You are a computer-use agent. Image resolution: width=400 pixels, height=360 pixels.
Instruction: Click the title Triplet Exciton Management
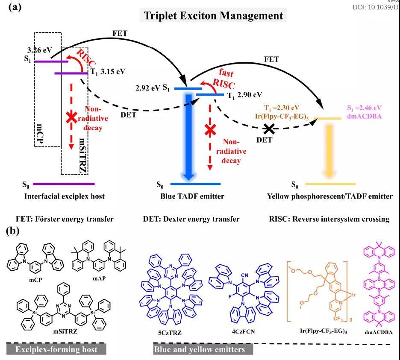[x=213, y=15]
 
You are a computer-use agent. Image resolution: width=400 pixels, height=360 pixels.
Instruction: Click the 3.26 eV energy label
[x=40, y=50]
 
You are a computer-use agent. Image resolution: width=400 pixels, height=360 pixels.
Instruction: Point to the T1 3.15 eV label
[x=108, y=72]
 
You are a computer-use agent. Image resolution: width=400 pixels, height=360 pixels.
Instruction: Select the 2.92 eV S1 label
[x=153, y=88]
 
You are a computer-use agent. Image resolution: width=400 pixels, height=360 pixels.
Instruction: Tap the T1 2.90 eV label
[x=244, y=95]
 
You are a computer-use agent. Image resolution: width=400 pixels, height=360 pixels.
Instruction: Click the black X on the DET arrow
[x=269, y=129]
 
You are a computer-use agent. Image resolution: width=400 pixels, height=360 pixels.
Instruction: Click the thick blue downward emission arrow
[x=188, y=136]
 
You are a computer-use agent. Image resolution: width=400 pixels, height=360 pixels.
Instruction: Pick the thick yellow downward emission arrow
[x=329, y=151]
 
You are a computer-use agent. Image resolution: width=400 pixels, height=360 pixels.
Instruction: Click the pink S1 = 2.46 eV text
[x=364, y=108]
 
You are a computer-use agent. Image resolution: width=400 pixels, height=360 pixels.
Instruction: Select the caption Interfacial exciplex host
[x=64, y=196]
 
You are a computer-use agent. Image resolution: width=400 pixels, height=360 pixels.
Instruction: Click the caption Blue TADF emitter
[x=192, y=196]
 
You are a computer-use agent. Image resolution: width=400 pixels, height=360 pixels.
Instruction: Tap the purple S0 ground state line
[x=64, y=184]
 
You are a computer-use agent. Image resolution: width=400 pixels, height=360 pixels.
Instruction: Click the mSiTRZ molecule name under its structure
[x=65, y=331]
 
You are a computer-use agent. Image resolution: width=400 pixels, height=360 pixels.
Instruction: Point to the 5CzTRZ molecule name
[x=170, y=333]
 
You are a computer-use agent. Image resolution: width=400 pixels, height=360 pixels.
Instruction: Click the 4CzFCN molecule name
[x=243, y=331]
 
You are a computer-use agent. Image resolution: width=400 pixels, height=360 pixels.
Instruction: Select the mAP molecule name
[x=99, y=278]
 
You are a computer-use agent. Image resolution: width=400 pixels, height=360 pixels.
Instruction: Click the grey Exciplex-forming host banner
[x=56, y=349]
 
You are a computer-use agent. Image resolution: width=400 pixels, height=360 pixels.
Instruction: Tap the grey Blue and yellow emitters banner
[x=203, y=349]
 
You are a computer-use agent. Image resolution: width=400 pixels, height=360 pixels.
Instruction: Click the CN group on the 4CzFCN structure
[x=244, y=275]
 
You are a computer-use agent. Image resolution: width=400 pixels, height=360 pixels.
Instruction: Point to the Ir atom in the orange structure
[x=353, y=295]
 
